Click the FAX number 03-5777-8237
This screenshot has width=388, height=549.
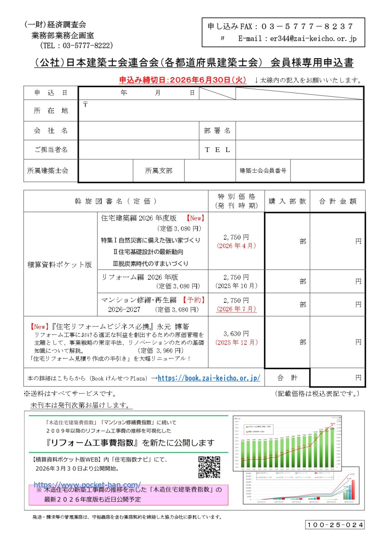coord(307,26)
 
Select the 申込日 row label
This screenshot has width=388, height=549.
coord(51,93)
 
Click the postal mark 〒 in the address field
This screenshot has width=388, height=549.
coord(86,104)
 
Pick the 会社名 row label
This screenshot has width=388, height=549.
coord(51,130)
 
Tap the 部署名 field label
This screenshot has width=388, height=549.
coord(217,130)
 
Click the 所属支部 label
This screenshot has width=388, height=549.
coord(159,171)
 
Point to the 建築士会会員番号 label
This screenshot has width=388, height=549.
coord(263,171)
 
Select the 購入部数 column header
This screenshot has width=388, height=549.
coord(287,201)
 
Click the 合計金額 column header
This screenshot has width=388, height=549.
coord(338,201)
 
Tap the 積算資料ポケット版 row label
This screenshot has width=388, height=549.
coord(60,265)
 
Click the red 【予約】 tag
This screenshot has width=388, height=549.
coord(194,300)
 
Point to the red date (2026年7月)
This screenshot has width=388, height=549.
coord(236,309)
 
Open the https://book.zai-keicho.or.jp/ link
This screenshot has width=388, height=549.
coord(209,378)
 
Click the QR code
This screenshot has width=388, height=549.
coord(209,467)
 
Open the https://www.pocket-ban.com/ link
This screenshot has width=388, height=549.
coord(87,485)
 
